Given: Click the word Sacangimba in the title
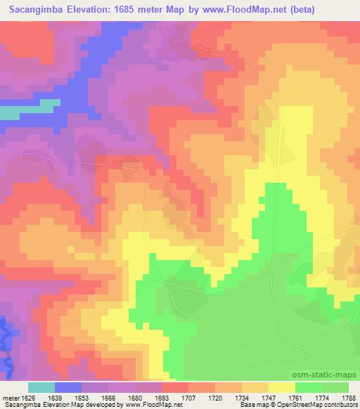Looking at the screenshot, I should click(x=35, y=9).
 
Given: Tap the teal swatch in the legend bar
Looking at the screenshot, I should click(x=41, y=387).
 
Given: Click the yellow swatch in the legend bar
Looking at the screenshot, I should click(x=281, y=387).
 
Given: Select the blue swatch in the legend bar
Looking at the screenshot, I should click(x=68, y=387).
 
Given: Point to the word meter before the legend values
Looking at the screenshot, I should click(x=8, y=396).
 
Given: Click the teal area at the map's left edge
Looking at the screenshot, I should click(x=11, y=112).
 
